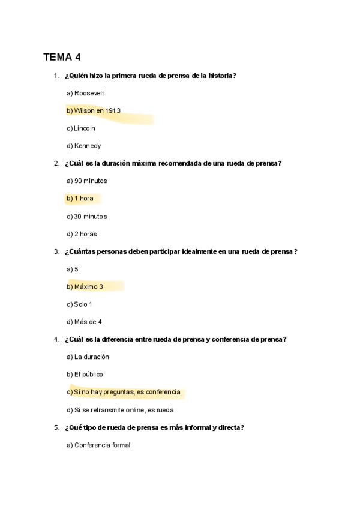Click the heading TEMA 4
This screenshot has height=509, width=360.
(x=61, y=58)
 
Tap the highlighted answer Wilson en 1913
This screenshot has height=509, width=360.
(x=94, y=110)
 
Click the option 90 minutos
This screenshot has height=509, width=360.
(x=87, y=181)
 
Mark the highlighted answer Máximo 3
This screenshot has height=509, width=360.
(x=85, y=287)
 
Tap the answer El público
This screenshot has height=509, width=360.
(x=85, y=375)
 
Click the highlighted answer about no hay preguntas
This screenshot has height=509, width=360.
(x=124, y=392)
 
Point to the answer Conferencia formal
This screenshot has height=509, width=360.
(x=98, y=445)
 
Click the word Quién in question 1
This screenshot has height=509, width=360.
(x=76, y=76)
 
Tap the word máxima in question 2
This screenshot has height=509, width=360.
(x=173, y=163)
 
